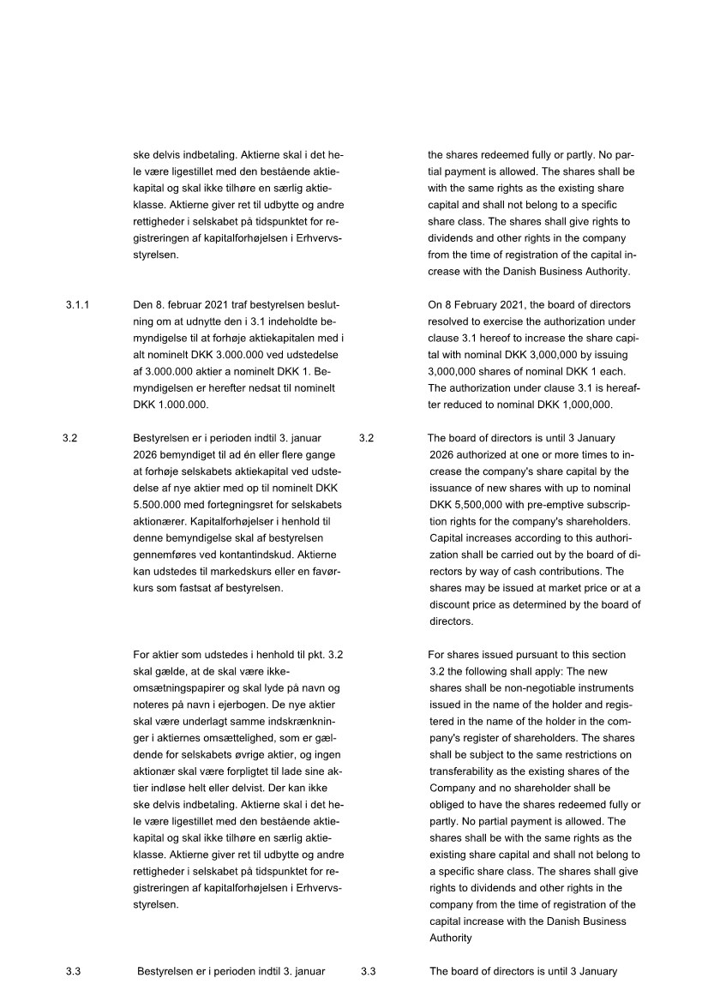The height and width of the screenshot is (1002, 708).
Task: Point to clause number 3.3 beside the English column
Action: tap(369, 971)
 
